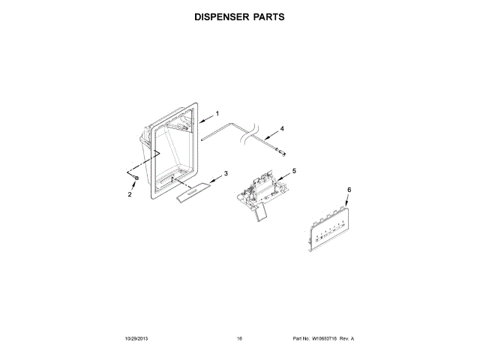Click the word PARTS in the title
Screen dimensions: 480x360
(268, 16)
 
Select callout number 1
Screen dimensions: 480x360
(217, 114)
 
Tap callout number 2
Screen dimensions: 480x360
(129, 195)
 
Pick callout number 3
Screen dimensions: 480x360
(226, 174)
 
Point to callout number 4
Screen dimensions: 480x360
(282, 129)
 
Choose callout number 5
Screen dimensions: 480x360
(294, 171)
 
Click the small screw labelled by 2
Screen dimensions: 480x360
(136, 178)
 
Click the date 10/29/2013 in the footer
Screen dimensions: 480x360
(137, 338)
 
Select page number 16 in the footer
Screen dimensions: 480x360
(239, 338)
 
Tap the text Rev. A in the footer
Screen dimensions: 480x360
(346, 338)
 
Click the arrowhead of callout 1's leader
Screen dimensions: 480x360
(201, 119)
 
